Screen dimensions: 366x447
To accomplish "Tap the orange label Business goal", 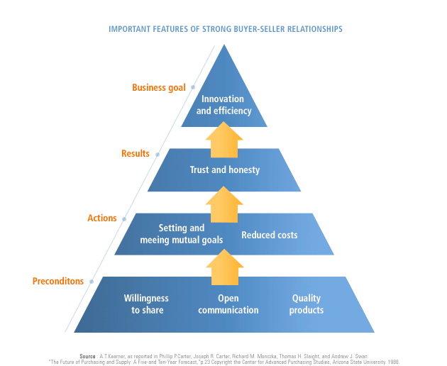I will (x=159, y=88).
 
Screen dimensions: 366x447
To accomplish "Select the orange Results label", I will (x=136, y=153).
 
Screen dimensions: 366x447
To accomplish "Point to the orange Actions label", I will (x=102, y=218).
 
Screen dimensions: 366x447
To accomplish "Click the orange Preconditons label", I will (x=58, y=281).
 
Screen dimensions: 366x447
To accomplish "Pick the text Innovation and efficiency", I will (x=223, y=105).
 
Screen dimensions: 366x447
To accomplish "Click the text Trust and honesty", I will (x=224, y=170).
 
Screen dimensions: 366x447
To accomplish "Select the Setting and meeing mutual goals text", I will (x=182, y=234).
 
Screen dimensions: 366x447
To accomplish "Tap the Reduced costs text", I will (x=270, y=235).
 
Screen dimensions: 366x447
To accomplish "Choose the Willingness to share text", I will (x=147, y=304).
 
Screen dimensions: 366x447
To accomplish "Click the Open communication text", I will (x=228, y=304).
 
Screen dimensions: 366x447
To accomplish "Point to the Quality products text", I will (x=307, y=304).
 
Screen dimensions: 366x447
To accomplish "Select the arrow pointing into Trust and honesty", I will (x=224, y=204).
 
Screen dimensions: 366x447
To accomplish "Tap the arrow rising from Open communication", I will (x=224, y=270).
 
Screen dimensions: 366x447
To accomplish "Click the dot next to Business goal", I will (x=192, y=88).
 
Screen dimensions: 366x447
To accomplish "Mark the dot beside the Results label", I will (x=158, y=153).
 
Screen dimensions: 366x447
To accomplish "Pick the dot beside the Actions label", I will (x=123, y=218).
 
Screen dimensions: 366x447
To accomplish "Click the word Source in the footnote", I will (x=89, y=355).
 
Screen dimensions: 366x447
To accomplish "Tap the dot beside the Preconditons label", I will (x=89, y=282).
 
